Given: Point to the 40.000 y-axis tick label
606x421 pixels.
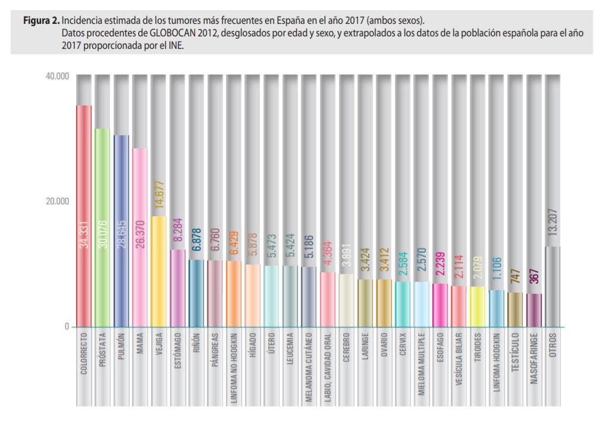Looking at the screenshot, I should point(57,76).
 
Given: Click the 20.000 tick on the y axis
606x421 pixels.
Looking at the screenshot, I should point(57,201).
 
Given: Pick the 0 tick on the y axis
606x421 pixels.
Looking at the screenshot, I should point(66,326).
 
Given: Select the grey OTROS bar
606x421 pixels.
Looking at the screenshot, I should point(553,286).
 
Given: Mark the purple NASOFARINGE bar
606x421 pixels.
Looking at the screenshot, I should point(534,310).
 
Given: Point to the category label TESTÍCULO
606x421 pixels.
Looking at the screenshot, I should point(515,358).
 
